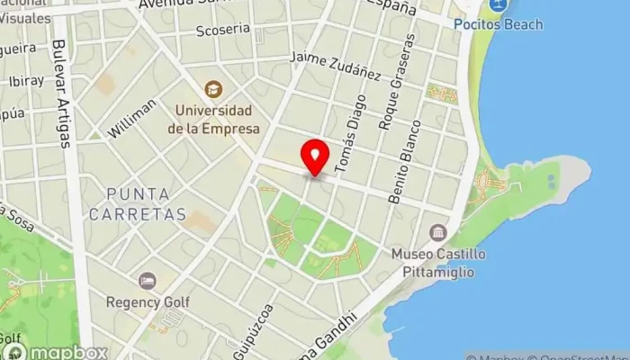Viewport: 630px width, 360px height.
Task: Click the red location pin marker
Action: pyautogui.click(x=315, y=157)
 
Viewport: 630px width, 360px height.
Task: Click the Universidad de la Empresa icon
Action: pyautogui.click(x=213, y=88)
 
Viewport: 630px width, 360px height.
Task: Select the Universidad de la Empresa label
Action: pyautogui.click(x=213, y=121)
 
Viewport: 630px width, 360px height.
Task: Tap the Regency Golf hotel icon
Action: pyautogui.click(x=148, y=281)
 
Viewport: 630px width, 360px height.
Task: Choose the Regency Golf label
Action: pyautogui.click(x=148, y=302)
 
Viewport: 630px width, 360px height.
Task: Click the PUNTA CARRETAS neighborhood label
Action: pyautogui.click(x=146, y=204)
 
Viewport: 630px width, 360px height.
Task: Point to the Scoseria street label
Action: pyautogui.click(x=222, y=30)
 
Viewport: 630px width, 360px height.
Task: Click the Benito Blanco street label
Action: pyautogui.click(x=404, y=161)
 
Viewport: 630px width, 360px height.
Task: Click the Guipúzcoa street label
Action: pyautogui.click(x=256, y=328)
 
